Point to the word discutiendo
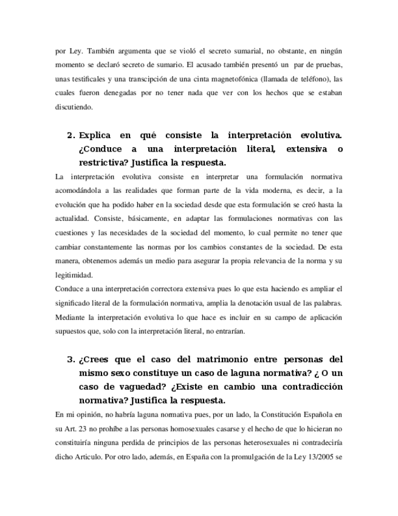(74, 107)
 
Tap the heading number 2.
(70, 135)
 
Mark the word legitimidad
(74, 274)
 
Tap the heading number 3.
(70, 359)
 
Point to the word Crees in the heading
(101, 359)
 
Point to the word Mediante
(70, 316)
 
